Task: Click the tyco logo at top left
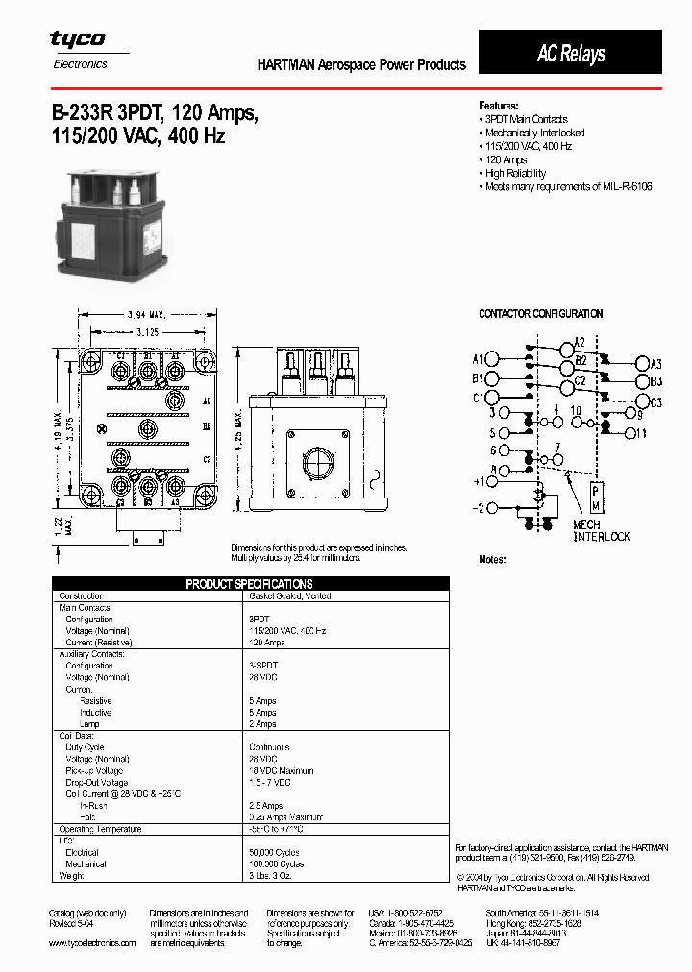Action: point(78,40)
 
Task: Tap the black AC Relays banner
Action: point(570,53)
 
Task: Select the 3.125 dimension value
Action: point(146,331)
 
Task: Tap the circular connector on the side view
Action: point(317,463)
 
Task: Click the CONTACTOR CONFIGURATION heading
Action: point(540,314)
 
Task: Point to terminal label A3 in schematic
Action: point(655,364)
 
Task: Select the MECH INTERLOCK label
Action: point(601,531)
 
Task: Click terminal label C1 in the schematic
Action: point(478,398)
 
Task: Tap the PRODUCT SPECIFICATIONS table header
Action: point(249,584)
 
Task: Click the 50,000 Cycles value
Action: point(274,852)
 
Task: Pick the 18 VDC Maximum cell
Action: point(281,770)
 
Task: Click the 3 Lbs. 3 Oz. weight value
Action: point(273,875)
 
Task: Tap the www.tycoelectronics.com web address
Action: point(92,943)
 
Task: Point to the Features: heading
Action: point(499,105)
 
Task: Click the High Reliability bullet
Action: point(515,173)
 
